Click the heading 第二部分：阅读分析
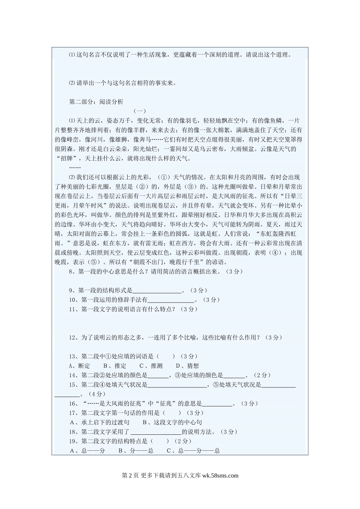click(x=96, y=102)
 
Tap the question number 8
click(x=71, y=272)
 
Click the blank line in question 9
click(x=157, y=290)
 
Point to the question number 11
click(x=72, y=309)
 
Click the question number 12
click(x=72, y=337)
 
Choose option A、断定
click(x=80, y=366)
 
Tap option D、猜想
click(x=187, y=366)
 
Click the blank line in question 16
click(x=217, y=404)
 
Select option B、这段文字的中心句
click(x=172, y=422)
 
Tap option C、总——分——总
click(x=193, y=451)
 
